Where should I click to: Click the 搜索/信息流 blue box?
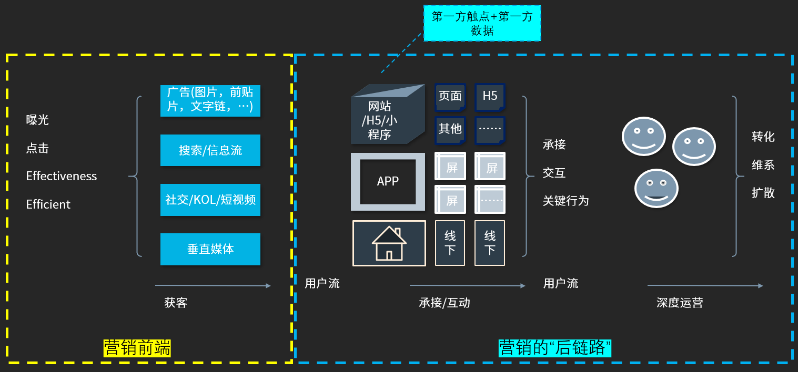point(210,150)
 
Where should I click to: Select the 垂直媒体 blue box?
point(210,249)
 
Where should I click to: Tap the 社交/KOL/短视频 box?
point(210,200)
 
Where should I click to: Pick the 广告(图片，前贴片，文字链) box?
point(210,100)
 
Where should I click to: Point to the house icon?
point(389,243)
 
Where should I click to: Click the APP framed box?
point(388,182)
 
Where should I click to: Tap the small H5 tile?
point(490,97)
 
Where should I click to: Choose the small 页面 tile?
point(450,97)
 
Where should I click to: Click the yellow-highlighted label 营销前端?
point(137,348)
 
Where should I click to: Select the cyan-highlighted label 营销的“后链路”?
point(554,348)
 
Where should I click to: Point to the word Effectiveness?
point(62,176)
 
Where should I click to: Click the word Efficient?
point(48,204)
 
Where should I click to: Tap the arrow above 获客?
point(213,286)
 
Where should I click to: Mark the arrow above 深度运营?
point(705,286)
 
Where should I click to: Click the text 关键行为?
point(565,201)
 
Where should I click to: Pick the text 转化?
point(763,137)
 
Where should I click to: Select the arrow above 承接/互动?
point(467,286)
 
